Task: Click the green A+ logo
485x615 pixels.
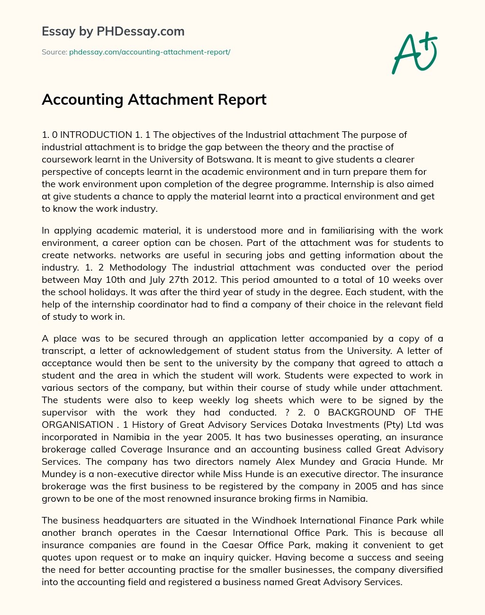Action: pos(413,52)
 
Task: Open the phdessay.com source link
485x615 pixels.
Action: pos(150,52)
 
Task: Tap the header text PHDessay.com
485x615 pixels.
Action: pos(140,31)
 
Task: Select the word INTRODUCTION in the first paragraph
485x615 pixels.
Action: pos(96,135)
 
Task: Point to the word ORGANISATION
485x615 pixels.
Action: pos(77,425)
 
